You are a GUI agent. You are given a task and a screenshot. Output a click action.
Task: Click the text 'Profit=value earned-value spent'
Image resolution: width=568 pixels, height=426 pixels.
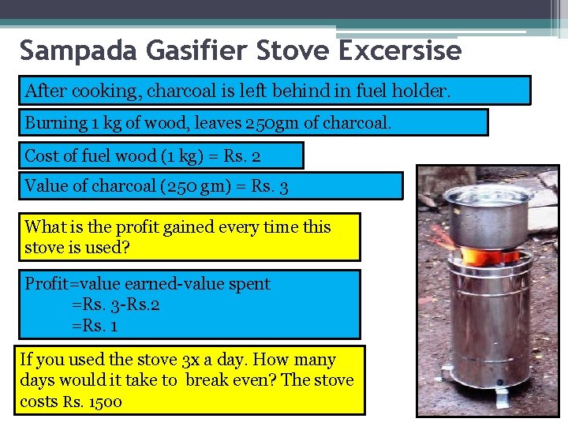coord(148,284)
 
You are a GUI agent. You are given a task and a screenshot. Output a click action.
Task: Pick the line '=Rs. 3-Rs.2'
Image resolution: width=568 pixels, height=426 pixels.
coord(116,304)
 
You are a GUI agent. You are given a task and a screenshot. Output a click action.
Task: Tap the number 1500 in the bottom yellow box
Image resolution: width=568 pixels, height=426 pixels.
coord(103,402)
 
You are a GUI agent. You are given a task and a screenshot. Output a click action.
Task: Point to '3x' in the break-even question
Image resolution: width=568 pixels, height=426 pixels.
coord(190,361)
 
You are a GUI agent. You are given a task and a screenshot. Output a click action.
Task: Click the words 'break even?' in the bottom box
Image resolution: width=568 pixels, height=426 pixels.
coord(230,381)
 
